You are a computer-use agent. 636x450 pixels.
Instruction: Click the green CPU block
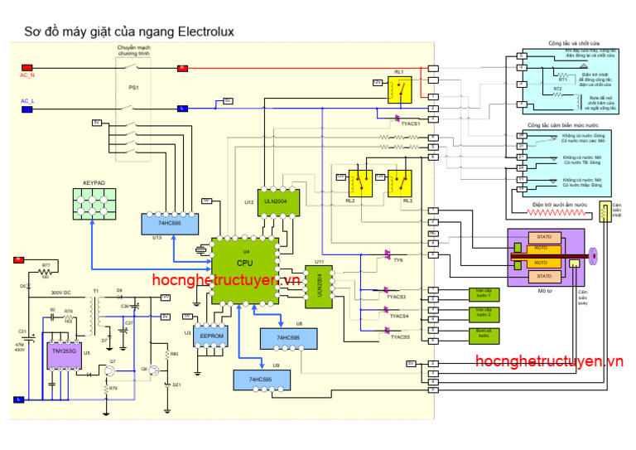click(244, 264)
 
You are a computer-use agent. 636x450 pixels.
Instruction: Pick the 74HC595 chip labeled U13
click(169, 223)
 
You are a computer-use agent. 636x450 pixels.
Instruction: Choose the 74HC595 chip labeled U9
click(261, 380)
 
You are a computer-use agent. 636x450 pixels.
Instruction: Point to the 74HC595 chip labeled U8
click(286, 339)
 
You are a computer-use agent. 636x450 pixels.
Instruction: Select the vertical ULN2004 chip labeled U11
click(320, 286)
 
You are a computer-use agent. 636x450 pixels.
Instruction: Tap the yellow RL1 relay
click(401, 88)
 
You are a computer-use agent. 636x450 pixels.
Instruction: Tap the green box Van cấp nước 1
click(484, 293)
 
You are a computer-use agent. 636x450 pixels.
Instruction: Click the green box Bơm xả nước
click(484, 334)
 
